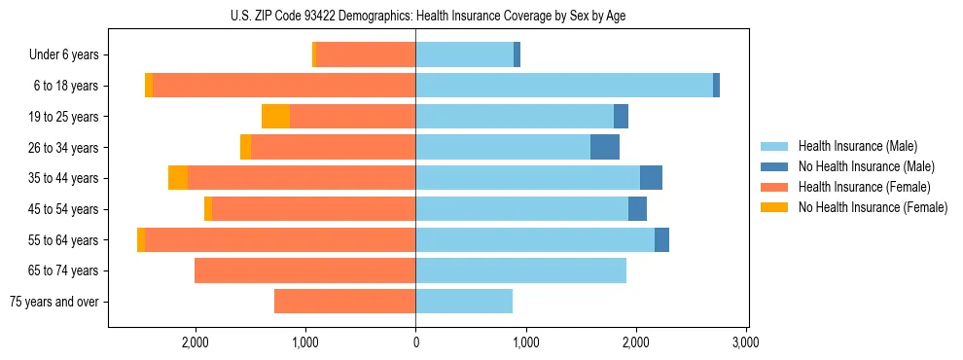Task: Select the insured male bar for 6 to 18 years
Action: click(x=564, y=86)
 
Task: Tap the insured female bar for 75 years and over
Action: click(x=344, y=302)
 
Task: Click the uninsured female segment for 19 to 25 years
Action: click(x=275, y=117)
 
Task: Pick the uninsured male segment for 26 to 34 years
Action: click(x=604, y=147)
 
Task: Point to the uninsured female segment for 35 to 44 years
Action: click(x=178, y=178)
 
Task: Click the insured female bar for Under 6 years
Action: click(x=366, y=54)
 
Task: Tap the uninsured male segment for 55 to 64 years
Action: click(x=661, y=239)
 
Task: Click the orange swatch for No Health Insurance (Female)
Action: click(x=774, y=207)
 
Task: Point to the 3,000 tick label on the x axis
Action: click(x=745, y=342)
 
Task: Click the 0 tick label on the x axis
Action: click(x=415, y=342)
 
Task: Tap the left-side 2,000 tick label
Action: click(x=196, y=342)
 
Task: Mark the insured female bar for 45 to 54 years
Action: click(x=313, y=209)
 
